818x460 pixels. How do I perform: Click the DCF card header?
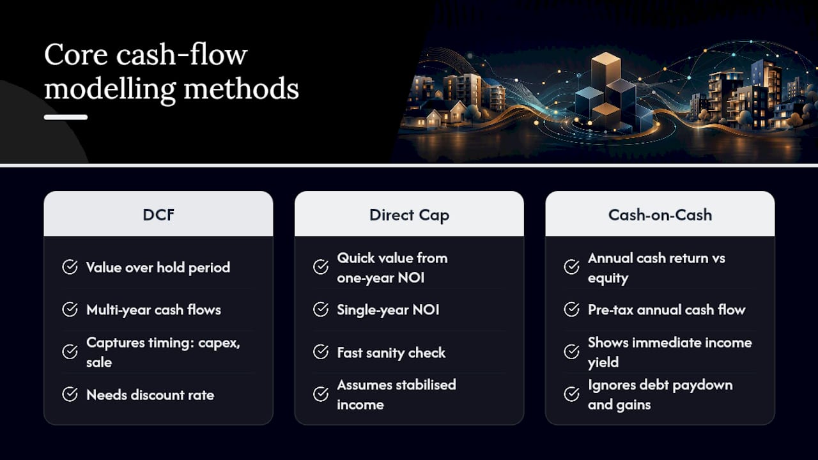[158, 214]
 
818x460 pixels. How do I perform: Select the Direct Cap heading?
[409, 215]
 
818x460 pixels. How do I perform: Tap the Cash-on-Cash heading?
[660, 215]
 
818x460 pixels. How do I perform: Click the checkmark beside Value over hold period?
[70, 267]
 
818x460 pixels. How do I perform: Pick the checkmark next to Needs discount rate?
[70, 394]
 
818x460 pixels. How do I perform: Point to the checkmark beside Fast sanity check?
[321, 352]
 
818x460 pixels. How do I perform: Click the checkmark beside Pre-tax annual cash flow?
[571, 310]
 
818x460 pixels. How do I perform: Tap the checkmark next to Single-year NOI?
[321, 310]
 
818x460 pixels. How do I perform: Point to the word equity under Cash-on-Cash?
[608, 279]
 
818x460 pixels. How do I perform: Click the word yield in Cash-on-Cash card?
[603, 363]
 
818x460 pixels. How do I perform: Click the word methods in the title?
[241, 88]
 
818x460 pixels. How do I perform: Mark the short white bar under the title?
[66, 117]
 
